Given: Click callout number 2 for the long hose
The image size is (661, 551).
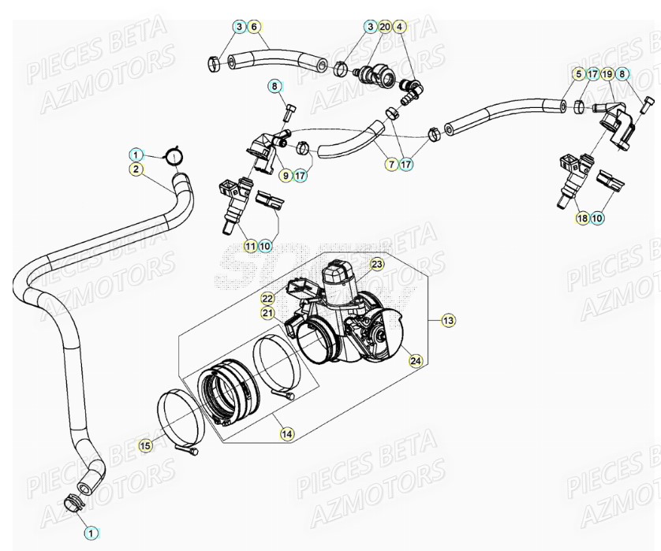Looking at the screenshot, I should point(136,169).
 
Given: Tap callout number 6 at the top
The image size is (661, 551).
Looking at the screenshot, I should point(253,27).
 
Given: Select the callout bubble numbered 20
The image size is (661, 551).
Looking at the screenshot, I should point(384,27).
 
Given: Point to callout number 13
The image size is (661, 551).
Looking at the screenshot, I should point(447,320).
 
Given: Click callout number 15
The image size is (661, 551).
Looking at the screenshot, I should point(145,446).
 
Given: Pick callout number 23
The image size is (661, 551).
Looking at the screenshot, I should point(377,263).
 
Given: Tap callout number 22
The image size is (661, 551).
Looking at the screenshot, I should point(267,298).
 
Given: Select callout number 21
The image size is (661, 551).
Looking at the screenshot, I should point(267,313).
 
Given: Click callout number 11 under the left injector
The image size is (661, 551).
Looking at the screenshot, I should point(250,246).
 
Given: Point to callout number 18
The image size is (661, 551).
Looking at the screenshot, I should point(582,218).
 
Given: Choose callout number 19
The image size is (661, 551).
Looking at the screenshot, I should point(607,74).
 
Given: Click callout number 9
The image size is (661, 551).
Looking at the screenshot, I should point(285,176).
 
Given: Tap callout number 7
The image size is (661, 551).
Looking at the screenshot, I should point(391,165).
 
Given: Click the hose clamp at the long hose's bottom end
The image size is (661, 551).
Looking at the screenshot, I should point(73,500).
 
